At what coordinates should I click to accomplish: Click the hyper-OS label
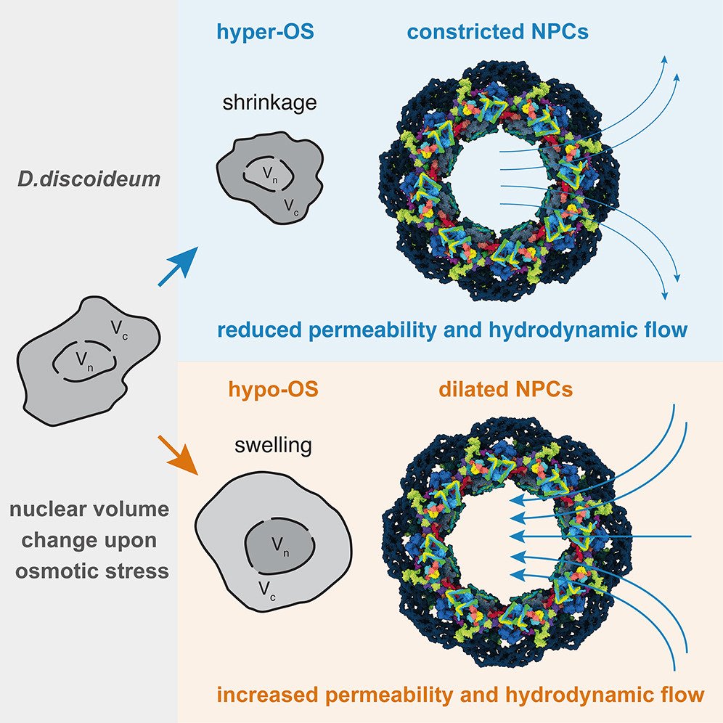pos(266,33)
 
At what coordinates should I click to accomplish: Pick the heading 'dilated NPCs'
pos(505,390)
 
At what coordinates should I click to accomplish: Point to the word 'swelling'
pos(273,444)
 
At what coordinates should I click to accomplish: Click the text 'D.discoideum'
pos(89,179)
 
